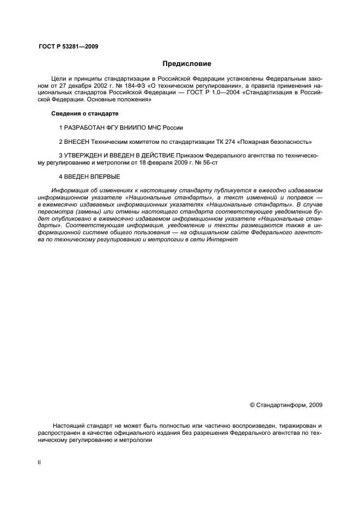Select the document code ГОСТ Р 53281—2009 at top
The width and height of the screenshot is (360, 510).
(68, 46)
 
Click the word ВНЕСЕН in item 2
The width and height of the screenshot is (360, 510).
(76, 142)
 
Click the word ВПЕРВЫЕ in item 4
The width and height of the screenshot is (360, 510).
(104, 177)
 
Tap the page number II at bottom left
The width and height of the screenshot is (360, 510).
(38, 462)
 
